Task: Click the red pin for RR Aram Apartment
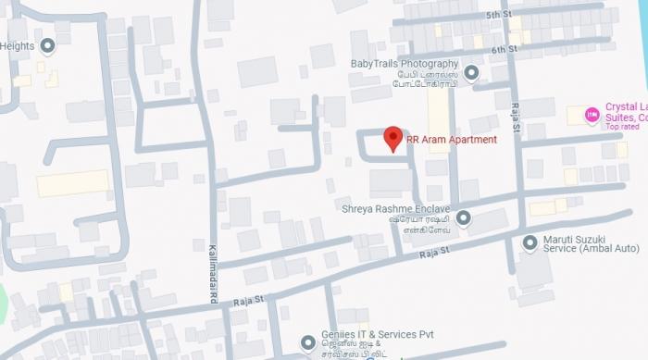pyautogui.click(x=393, y=138)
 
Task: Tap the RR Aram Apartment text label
pyautogui.click(x=451, y=140)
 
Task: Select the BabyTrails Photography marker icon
pyautogui.click(x=471, y=72)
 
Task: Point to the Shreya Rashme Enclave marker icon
pyautogui.click(x=464, y=218)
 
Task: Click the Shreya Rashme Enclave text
pyautogui.click(x=394, y=208)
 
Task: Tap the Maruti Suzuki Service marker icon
pyautogui.click(x=530, y=242)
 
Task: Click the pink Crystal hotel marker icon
pyautogui.click(x=592, y=115)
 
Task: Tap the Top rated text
pyautogui.click(x=625, y=127)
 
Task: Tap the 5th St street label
pyautogui.click(x=499, y=16)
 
